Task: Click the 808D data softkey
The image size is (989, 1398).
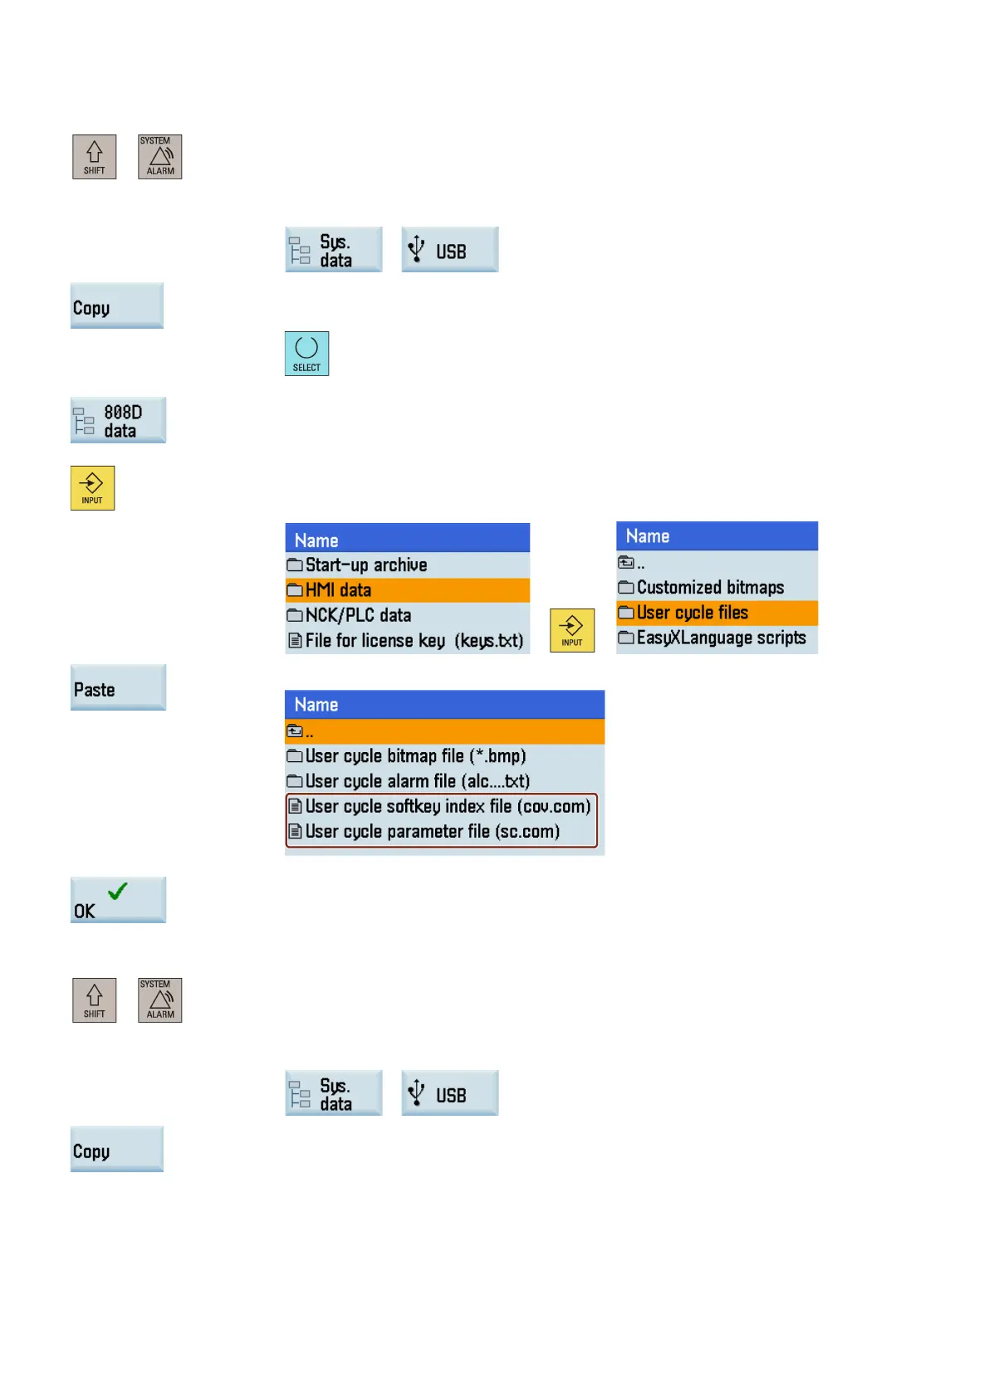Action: (118, 420)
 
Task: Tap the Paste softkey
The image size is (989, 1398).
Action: (118, 688)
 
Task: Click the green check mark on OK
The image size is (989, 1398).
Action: (118, 891)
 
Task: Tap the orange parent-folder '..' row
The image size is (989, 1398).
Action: (444, 731)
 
